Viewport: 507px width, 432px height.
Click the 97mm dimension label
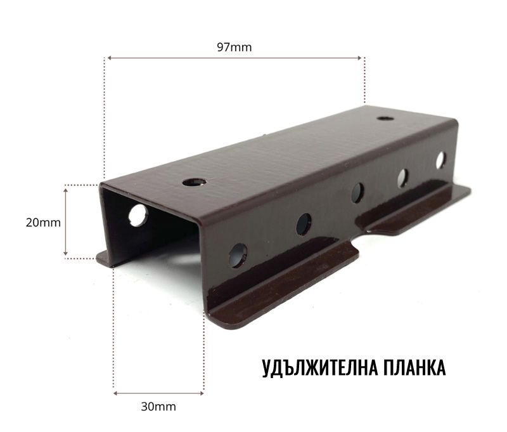[x=234, y=47]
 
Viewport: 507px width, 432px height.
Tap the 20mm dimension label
[x=43, y=223]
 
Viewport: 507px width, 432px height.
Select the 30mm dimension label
[x=158, y=407]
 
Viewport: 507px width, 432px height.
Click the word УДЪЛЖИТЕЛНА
[x=319, y=368]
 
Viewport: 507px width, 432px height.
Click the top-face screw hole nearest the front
[x=195, y=182]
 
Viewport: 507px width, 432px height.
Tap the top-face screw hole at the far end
[x=385, y=118]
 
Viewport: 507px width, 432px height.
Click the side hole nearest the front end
[x=238, y=256]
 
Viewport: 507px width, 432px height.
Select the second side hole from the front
[x=304, y=225]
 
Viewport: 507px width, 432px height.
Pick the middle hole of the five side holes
[x=357, y=193]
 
